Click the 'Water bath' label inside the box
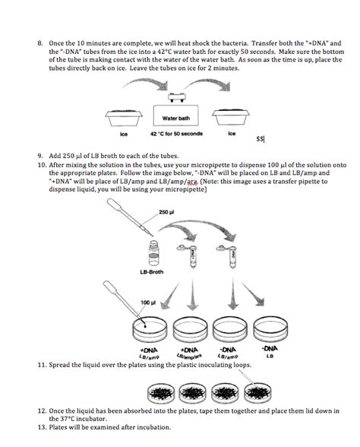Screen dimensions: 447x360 (175, 119)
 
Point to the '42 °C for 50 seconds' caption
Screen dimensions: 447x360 (176, 135)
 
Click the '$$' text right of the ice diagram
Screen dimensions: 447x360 (261, 139)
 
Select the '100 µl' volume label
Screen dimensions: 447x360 (148, 303)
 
